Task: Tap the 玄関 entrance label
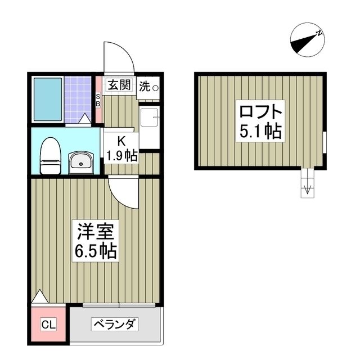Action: click(119, 85)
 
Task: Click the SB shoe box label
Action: click(97, 100)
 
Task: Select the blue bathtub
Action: click(47, 100)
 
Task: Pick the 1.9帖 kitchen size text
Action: click(122, 156)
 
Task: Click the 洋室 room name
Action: click(96, 232)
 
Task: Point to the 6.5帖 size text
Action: click(96, 250)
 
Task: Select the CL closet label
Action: click(48, 325)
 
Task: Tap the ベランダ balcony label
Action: click(115, 325)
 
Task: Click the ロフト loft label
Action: click(259, 109)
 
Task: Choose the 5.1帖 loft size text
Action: click(260, 130)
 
